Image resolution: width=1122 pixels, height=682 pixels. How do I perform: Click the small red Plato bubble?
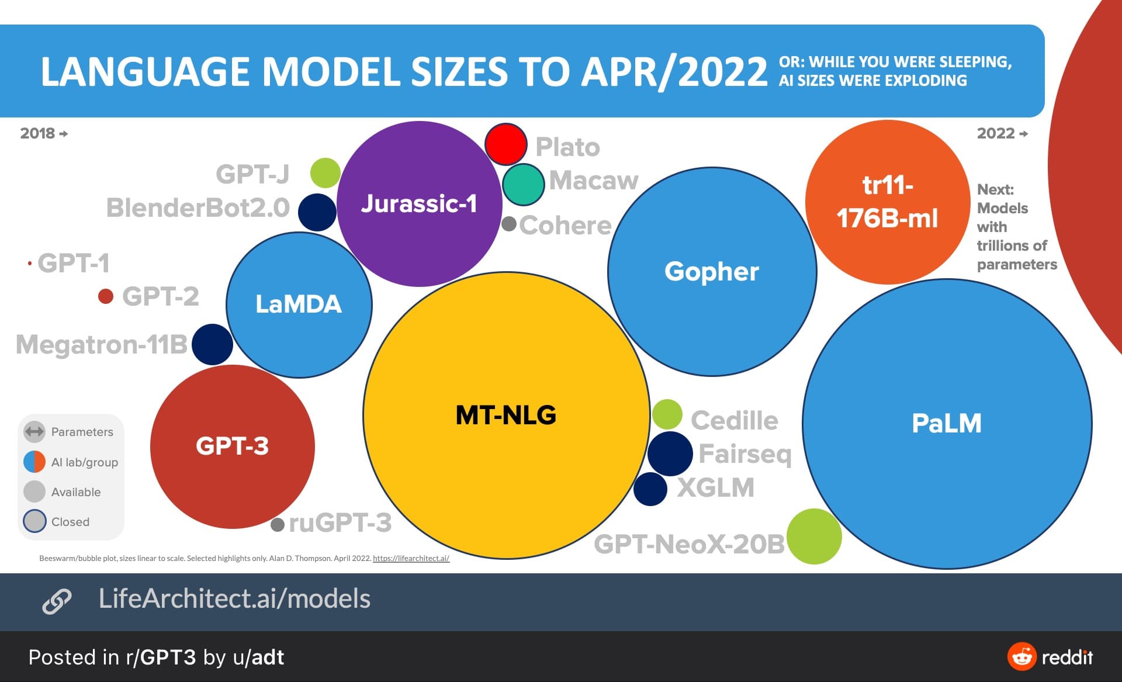(506, 144)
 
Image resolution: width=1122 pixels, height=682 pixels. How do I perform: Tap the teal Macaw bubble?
(523, 185)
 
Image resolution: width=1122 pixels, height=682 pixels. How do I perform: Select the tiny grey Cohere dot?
(509, 224)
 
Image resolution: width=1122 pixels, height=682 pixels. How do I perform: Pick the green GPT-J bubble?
(325, 172)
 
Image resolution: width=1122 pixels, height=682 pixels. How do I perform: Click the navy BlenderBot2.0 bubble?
(317, 212)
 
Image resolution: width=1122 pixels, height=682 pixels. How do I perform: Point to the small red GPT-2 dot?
(106, 296)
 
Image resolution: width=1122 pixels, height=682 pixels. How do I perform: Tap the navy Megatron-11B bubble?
(212, 345)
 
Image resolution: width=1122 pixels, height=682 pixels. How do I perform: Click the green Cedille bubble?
(667, 414)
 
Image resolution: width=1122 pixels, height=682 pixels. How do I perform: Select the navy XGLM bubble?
(650, 489)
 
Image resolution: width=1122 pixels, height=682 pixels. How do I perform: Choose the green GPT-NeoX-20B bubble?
(814, 536)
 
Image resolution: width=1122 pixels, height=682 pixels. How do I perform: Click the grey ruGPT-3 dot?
(278, 524)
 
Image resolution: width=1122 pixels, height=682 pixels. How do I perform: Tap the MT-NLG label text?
(506, 415)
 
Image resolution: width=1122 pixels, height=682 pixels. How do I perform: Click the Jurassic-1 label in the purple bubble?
(419, 203)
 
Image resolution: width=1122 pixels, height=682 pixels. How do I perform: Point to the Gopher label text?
(712, 271)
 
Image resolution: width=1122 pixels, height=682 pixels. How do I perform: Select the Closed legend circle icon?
(34, 521)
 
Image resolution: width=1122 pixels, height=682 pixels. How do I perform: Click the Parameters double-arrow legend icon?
(34, 432)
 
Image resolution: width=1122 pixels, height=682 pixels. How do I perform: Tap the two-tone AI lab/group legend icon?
(34, 462)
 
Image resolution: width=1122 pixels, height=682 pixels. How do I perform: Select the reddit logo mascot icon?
(1021, 657)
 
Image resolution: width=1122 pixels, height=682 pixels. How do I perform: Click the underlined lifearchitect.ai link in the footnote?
(411, 558)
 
